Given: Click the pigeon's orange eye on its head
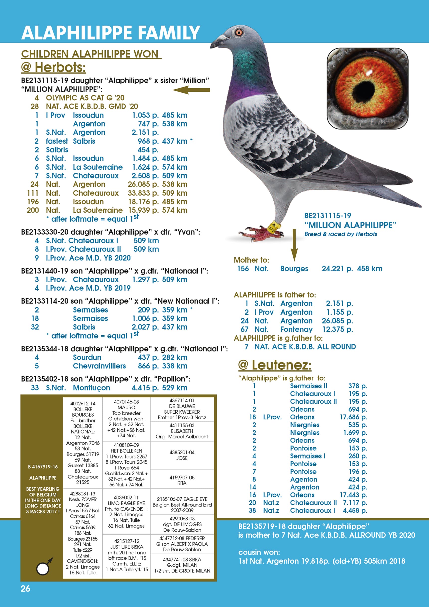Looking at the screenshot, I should coord(239,32).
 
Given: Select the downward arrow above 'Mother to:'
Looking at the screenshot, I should coord(294,245).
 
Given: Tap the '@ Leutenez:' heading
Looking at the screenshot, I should coord(275,365).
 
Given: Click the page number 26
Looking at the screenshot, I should coord(25,589).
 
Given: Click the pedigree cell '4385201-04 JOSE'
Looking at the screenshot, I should coord(182,455).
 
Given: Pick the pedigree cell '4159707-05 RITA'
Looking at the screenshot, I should coord(182,480).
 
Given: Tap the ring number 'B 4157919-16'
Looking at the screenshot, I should coord(43,467).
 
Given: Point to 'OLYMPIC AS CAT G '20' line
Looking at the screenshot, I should coord(85,98).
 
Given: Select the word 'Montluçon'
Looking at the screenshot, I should coord(91,388).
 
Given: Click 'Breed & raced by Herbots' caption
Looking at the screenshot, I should coord(340,234).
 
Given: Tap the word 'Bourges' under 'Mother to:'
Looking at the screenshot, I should coord(294,269).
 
